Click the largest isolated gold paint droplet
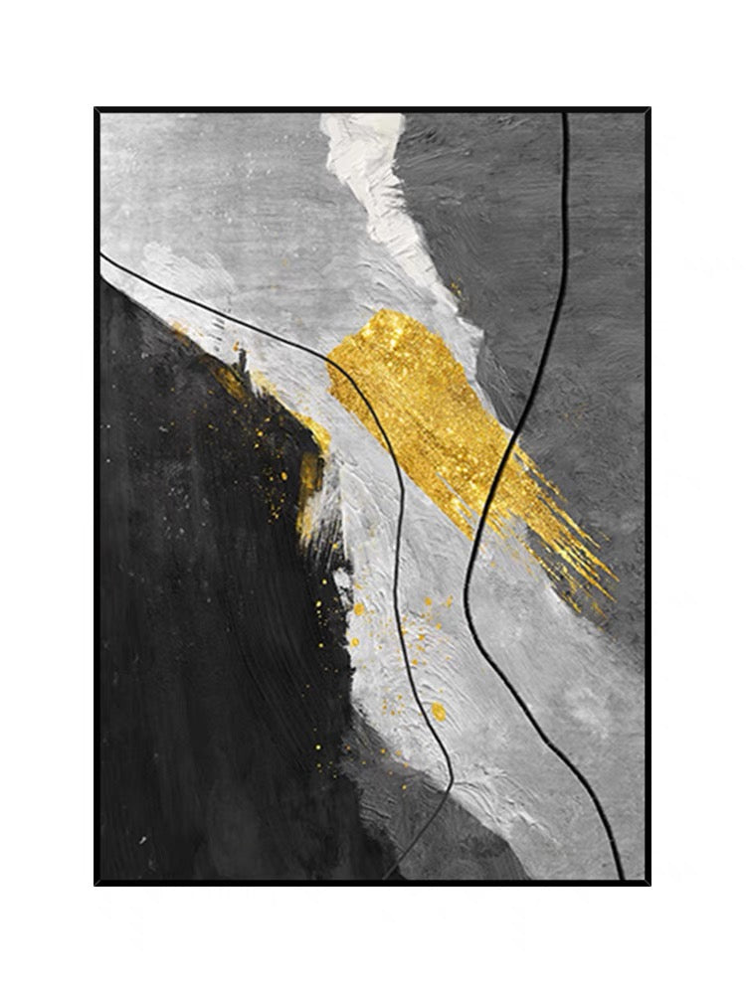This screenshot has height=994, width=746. [438, 710]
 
